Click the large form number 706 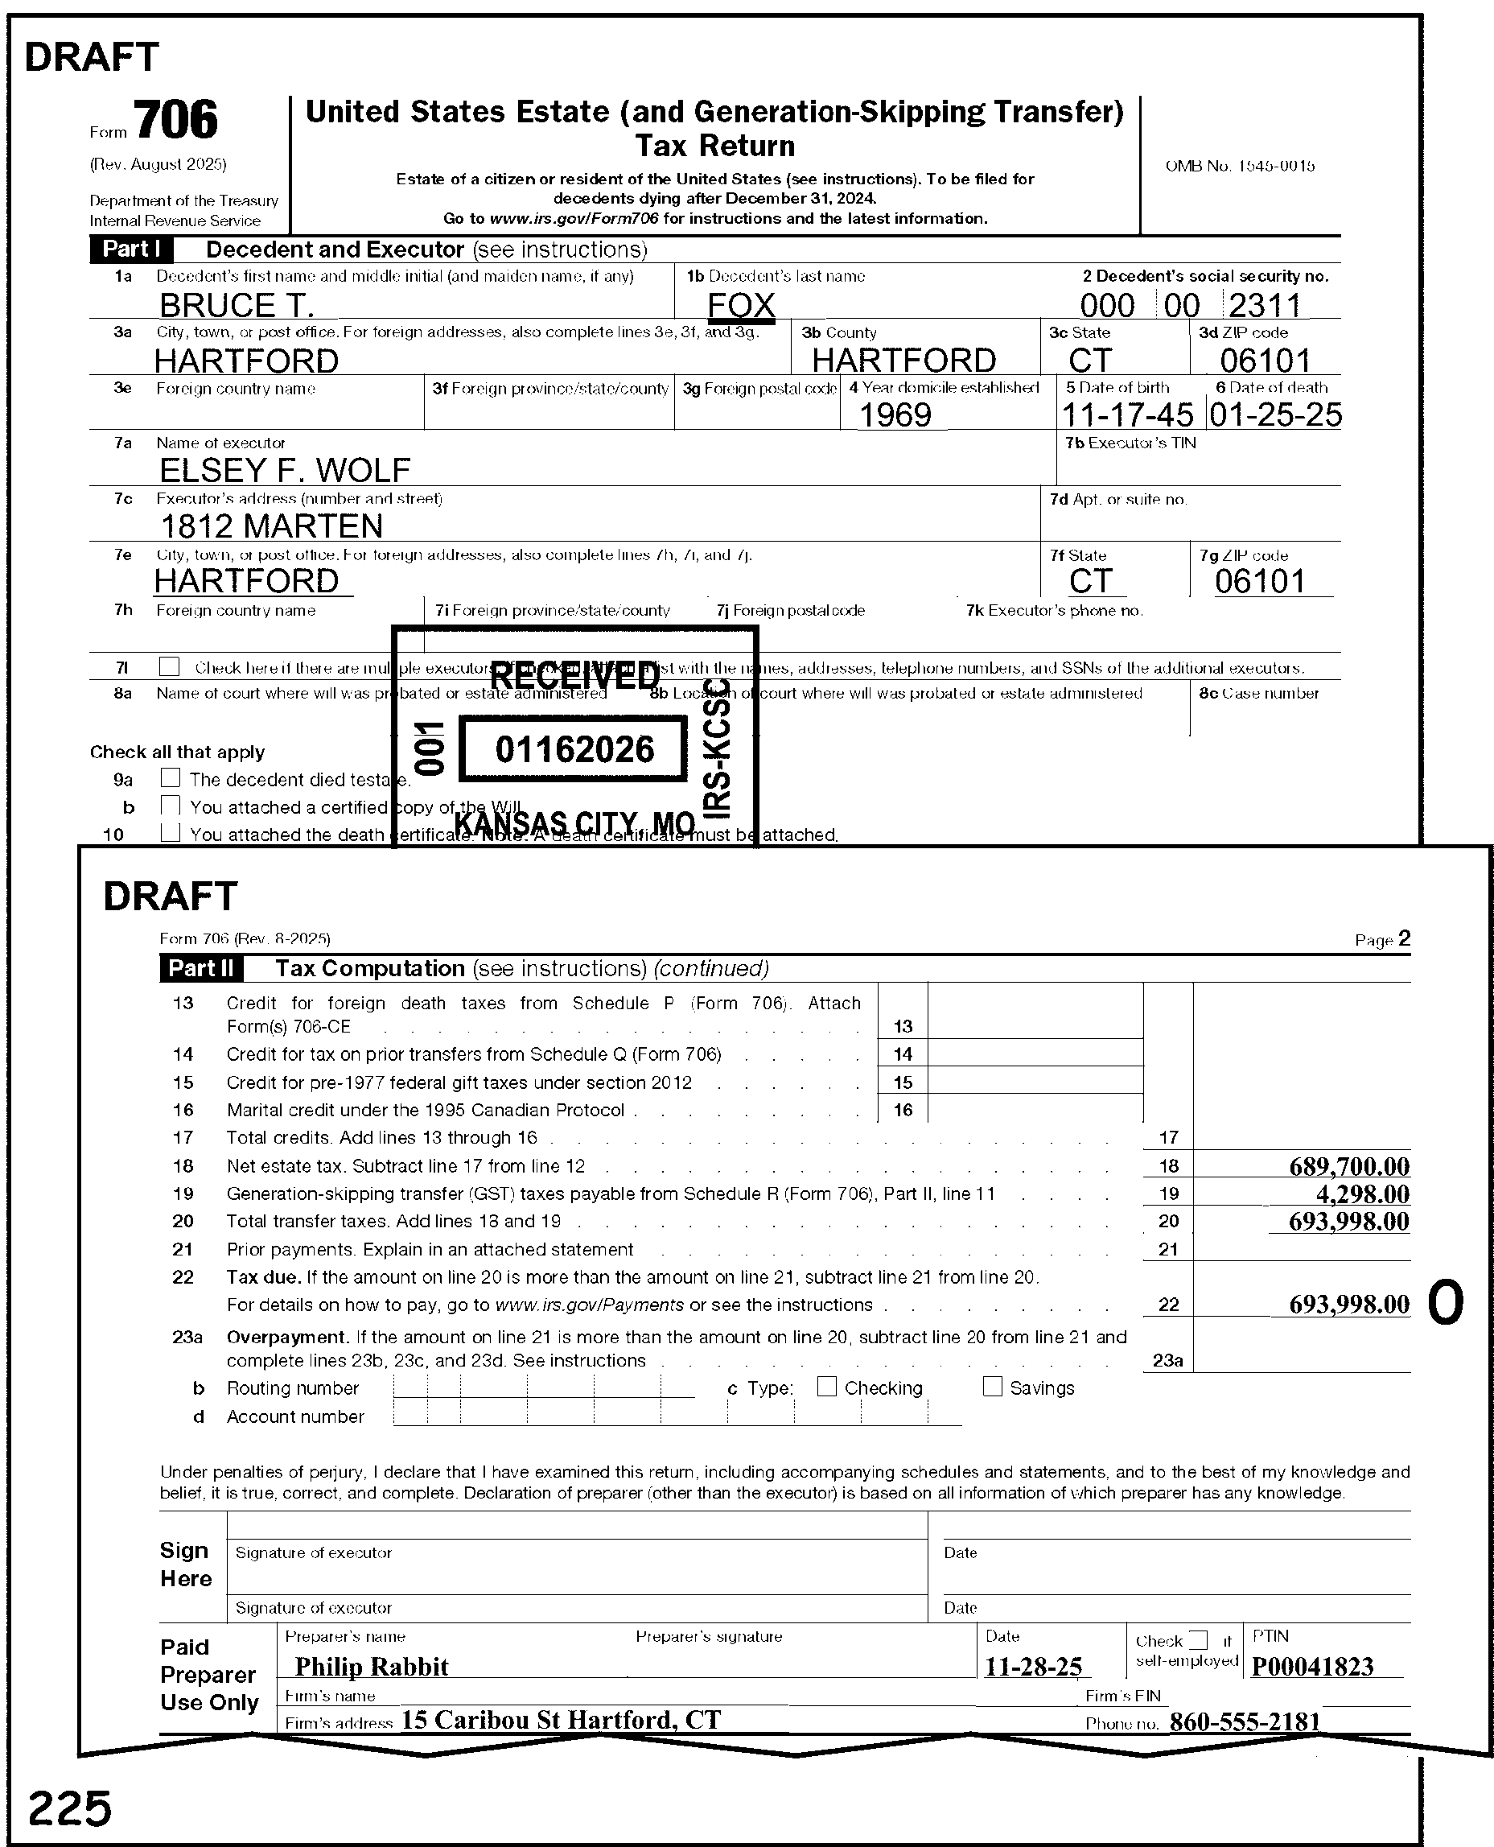click(176, 120)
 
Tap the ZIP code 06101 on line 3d click(1265, 361)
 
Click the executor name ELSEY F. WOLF click(285, 471)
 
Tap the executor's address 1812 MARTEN click(272, 526)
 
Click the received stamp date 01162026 click(574, 749)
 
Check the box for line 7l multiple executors click(170, 667)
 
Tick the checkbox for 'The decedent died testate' click(171, 778)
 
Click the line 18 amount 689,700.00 click(1348, 1167)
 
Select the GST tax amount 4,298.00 click(1362, 1194)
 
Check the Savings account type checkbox click(992, 1387)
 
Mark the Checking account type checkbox click(826, 1387)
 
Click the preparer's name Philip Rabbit click(371, 1667)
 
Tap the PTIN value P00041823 click(1312, 1667)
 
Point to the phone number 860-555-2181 click(1245, 1722)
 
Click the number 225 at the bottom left click(70, 1808)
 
